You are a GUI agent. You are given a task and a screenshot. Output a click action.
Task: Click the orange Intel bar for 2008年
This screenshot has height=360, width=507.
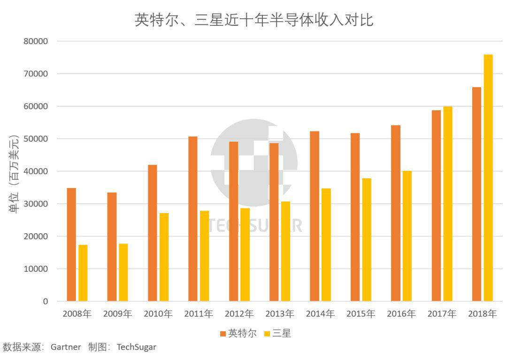point(71,245)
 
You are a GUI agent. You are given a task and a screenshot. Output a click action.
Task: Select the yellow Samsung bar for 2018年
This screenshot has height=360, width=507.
point(488,178)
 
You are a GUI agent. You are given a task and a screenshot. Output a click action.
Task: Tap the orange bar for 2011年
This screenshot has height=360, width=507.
point(193,219)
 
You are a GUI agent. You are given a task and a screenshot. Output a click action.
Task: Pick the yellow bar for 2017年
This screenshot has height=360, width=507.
point(448,204)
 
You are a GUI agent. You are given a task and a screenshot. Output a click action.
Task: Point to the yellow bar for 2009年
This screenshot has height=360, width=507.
point(123,272)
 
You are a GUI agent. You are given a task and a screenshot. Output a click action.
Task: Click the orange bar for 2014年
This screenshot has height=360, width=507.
point(315,216)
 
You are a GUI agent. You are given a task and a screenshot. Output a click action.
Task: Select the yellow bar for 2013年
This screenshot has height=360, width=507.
point(285,251)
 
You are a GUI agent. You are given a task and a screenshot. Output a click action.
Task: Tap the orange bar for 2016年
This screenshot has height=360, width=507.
point(396,213)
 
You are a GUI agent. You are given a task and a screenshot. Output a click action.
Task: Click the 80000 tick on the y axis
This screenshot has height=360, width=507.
point(36,41)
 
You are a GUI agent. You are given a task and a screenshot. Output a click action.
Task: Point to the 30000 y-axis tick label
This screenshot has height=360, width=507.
point(36,204)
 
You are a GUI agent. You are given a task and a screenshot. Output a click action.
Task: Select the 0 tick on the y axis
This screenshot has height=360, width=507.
point(45,301)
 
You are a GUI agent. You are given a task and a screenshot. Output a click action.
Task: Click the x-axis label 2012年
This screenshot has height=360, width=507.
point(239,314)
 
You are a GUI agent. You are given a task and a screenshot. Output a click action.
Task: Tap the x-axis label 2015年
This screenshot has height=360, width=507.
point(361,314)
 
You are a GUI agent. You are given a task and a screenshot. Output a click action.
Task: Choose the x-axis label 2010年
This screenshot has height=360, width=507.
point(158,314)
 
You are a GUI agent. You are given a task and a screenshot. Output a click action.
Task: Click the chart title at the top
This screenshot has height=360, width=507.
point(254,20)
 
